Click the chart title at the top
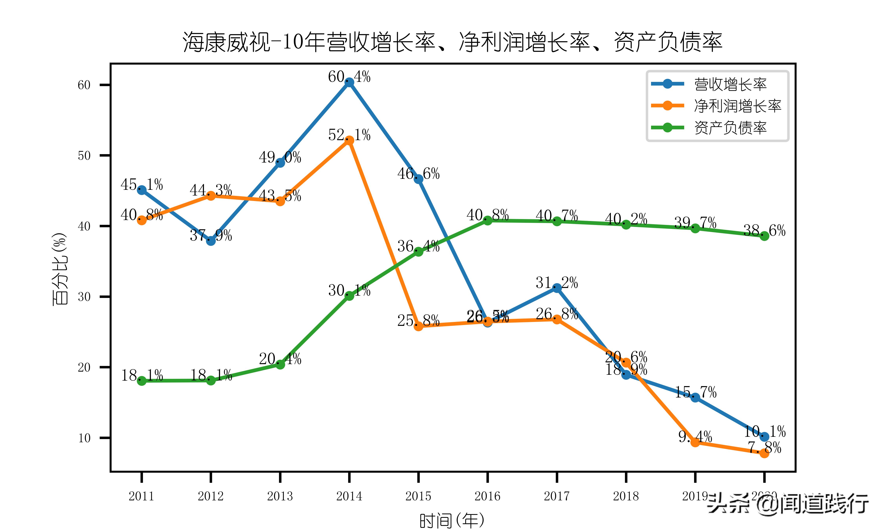click(x=452, y=42)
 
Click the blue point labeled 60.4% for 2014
click(x=349, y=82)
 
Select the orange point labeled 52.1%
click(x=349, y=141)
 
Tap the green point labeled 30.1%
click(x=349, y=296)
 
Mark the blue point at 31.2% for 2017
click(x=557, y=288)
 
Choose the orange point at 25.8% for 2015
click(x=418, y=326)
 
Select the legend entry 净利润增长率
click(x=737, y=106)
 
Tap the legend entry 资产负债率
click(x=730, y=128)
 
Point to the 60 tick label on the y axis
click(x=84, y=85)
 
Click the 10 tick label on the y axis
click(x=84, y=438)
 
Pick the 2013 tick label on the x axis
click(x=280, y=496)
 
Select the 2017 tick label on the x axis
click(x=557, y=496)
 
